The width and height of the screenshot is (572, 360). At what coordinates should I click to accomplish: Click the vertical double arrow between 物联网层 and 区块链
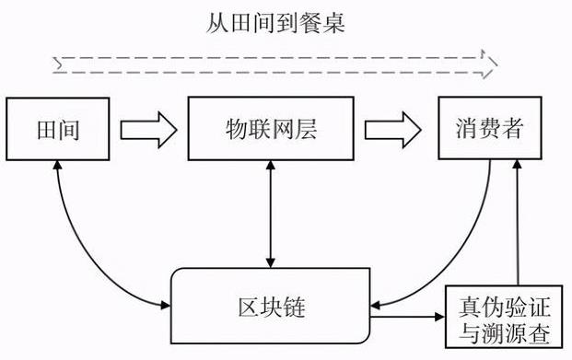268,212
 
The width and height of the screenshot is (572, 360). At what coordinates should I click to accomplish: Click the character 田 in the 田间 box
44,128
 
